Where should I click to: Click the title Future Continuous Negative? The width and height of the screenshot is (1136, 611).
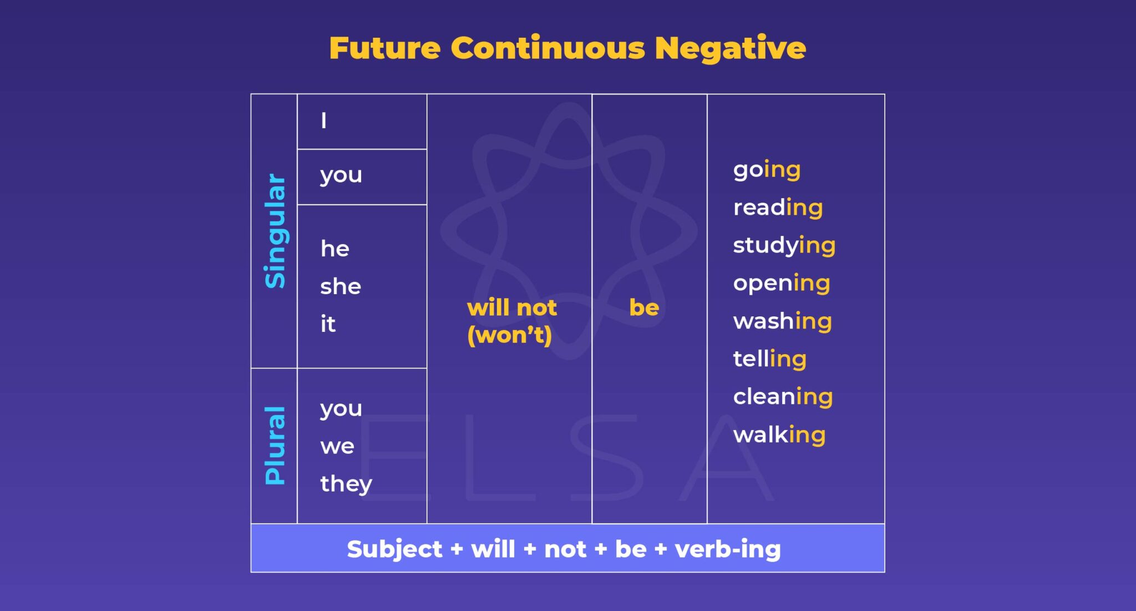[567, 48]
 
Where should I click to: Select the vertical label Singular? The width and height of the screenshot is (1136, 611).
[275, 231]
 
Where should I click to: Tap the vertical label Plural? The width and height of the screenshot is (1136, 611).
[275, 446]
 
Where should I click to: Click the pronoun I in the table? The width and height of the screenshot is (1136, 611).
[324, 120]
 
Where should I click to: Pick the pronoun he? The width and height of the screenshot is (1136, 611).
[335, 249]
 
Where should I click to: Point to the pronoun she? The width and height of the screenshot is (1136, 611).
[341, 286]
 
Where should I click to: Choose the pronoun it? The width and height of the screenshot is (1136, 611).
[328, 324]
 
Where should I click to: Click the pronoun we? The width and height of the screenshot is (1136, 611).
[337, 446]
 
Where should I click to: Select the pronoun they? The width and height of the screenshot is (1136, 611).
[346, 484]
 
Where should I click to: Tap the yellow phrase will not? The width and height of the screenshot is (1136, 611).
[511, 307]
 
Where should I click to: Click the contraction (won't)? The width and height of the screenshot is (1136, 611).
[509, 335]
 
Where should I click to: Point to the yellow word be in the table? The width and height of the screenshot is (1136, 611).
[644, 307]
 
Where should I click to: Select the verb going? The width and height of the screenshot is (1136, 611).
[767, 170]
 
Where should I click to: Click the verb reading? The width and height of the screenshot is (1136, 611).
[778, 208]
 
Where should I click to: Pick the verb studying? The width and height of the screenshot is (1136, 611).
[784, 245]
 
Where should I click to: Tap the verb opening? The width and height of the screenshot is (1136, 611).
[782, 283]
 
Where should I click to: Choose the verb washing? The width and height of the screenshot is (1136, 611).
[782, 321]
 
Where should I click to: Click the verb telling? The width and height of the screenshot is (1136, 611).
[769, 359]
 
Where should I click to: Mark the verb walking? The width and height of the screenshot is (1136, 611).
[779, 435]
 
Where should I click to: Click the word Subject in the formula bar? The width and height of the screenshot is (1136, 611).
[394, 549]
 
